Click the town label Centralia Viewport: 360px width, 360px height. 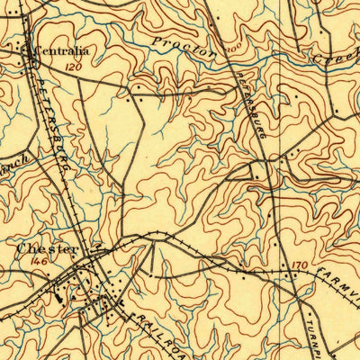point(59,52)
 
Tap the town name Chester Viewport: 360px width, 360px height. point(48,248)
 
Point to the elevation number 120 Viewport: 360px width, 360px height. point(74,67)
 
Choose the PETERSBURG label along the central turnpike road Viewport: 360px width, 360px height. point(250,103)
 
